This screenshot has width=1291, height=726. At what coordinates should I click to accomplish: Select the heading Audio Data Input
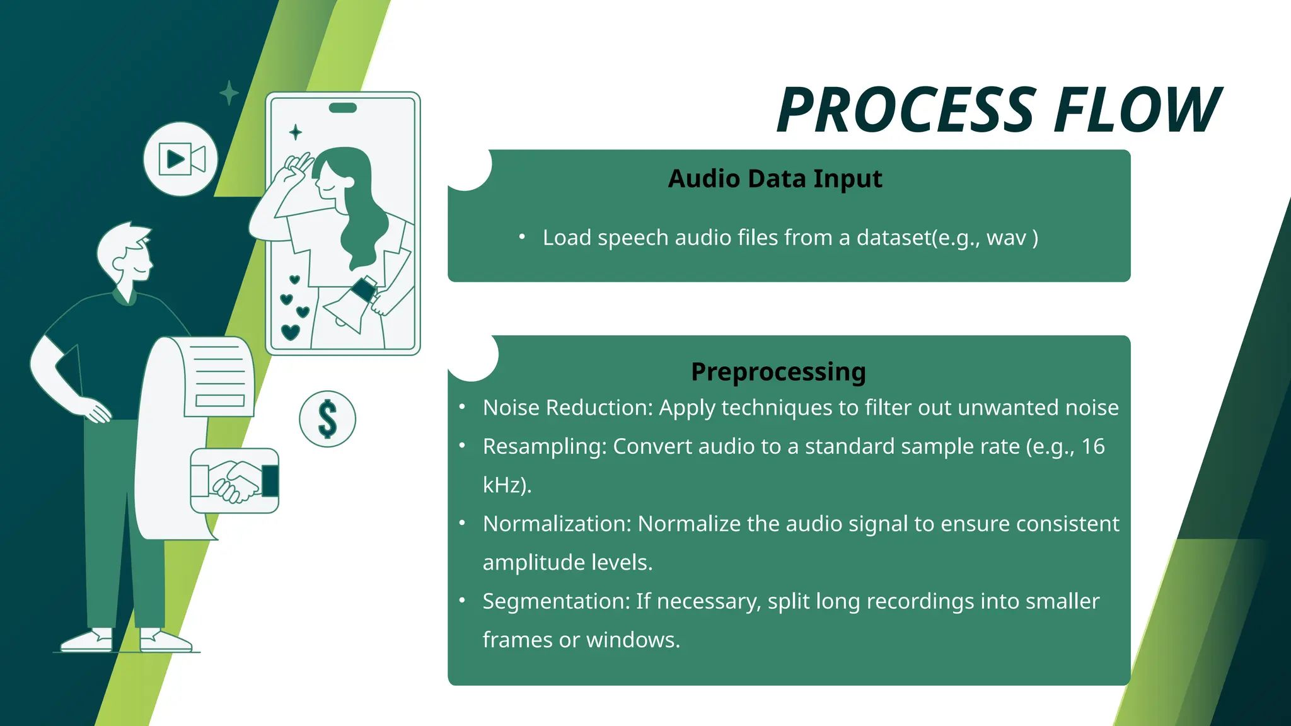[775, 179]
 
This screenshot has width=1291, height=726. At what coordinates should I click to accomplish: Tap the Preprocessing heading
[778, 372]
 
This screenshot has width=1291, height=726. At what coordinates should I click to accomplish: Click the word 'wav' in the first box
[1007, 238]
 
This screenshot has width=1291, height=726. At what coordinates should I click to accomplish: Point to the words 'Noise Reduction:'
[567, 408]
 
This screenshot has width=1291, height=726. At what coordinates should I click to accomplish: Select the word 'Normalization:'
[557, 524]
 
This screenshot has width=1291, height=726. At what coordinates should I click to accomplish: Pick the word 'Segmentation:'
[556, 602]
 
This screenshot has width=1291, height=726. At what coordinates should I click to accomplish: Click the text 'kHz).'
[507, 485]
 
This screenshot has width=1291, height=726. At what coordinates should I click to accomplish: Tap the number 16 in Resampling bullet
[1093, 447]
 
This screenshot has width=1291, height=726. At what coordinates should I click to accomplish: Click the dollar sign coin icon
[327, 419]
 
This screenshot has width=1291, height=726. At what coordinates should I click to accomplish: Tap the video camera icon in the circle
[181, 159]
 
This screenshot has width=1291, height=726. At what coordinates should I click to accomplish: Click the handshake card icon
[234, 481]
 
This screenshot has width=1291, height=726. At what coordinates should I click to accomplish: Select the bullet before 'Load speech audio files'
[522, 238]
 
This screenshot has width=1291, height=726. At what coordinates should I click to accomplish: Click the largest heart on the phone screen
[290, 331]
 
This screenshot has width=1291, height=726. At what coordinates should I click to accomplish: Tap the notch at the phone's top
[343, 108]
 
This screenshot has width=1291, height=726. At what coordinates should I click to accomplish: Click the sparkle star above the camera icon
[229, 93]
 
